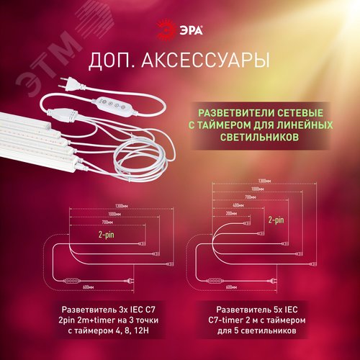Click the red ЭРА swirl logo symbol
[166, 29]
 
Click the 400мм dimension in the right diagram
[239, 205]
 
